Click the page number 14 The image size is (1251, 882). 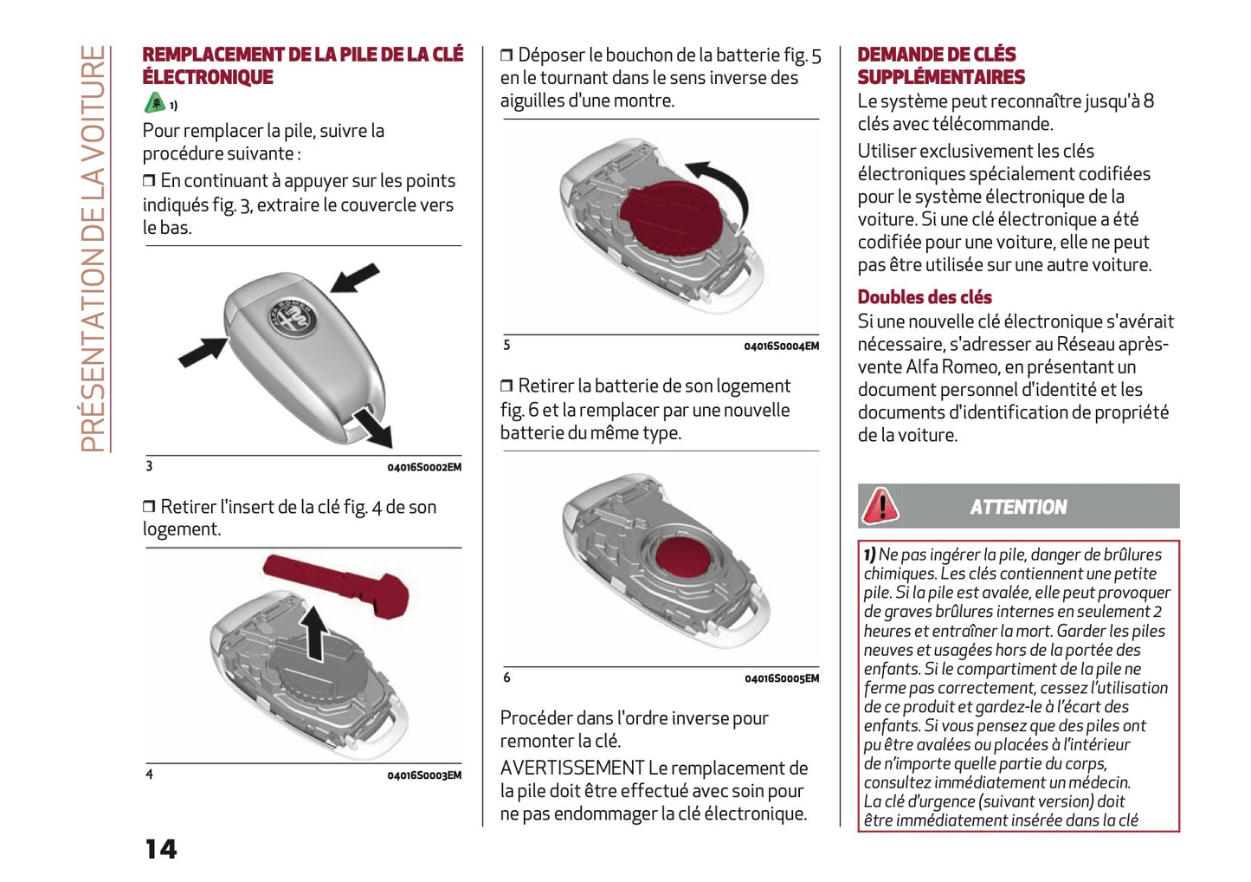point(161,848)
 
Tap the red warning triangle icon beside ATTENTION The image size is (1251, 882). point(880,506)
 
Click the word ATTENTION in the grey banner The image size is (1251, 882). point(1018,507)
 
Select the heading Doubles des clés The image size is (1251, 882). point(924,297)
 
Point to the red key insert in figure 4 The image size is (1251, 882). point(337,586)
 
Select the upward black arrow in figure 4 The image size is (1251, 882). point(315,632)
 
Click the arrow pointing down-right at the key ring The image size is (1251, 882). point(374,427)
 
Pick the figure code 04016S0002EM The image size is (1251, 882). point(423,468)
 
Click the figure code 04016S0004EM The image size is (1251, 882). point(781,347)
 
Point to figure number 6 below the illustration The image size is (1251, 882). point(507,678)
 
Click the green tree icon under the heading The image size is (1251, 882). point(155,103)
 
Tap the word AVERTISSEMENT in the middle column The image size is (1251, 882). point(572,769)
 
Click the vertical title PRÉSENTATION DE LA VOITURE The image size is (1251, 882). point(93,250)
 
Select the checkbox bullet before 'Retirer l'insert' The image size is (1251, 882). point(150,507)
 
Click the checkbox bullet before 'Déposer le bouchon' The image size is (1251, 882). point(507,55)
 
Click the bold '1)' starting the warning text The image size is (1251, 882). point(869,554)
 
